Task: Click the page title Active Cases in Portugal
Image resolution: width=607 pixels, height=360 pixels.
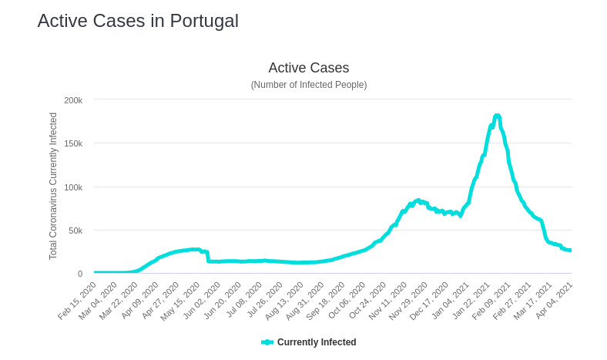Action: coord(138,21)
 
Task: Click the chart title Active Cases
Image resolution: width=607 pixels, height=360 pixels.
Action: coord(308,68)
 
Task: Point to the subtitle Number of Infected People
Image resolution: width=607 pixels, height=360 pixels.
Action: coord(308,85)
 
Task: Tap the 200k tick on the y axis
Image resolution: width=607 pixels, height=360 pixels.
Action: coord(73,100)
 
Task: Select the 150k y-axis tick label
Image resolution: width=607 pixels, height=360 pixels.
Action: coord(73,143)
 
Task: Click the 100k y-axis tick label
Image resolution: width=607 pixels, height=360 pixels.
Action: coord(73,187)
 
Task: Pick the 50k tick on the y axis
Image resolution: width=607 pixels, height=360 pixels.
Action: coord(75,230)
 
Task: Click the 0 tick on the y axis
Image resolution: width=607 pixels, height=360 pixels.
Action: coord(79,274)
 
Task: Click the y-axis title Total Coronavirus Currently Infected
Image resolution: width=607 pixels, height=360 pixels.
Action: coord(53,186)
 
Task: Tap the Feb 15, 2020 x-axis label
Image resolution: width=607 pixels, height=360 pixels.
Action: coord(78,300)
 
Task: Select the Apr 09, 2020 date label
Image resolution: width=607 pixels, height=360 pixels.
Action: coord(140,300)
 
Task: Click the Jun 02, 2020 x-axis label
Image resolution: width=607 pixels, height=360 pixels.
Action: coord(203,300)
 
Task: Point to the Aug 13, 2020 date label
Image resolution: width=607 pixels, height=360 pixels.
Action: coord(286,300)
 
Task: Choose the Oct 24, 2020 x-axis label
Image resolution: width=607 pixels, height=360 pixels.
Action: coord(369,300)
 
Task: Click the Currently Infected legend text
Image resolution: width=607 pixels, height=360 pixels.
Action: coord(317,342)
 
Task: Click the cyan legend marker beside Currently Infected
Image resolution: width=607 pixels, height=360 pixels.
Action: coord(267,342)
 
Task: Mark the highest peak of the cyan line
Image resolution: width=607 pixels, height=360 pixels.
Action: coord(497,116)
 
